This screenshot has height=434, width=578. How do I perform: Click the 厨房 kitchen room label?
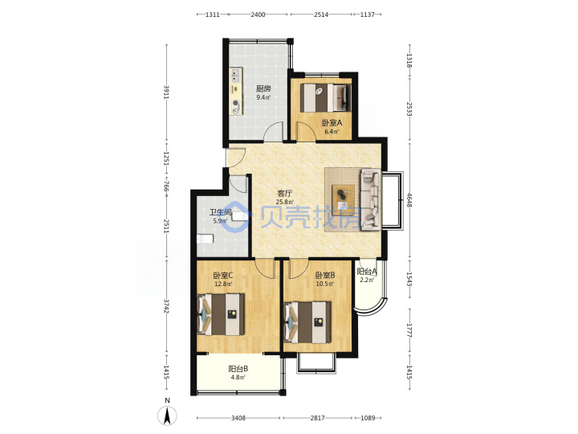point(263,88)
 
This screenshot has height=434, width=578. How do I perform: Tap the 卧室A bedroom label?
point(332,123)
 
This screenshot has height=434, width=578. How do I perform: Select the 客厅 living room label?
point(284,194)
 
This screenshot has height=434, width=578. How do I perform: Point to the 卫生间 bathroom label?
point(221,212)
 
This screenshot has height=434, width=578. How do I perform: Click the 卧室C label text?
point(223,276)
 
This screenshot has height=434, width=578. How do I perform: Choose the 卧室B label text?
point(325,276)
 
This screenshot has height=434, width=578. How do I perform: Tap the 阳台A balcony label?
point(367,272)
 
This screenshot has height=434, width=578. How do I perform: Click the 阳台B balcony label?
point(238,369)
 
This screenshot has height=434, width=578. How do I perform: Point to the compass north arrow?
point(167,416)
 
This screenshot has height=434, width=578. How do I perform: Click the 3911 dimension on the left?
point(167,92)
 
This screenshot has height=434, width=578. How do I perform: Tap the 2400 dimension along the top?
point(258,14)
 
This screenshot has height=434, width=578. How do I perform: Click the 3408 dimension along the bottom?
point(238,418)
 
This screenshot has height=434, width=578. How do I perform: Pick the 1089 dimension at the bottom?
point(368,418)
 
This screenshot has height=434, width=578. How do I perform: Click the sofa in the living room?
point(370,199)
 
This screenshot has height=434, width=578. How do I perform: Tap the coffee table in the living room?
point(344,199)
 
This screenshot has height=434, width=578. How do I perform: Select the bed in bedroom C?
point(221,314)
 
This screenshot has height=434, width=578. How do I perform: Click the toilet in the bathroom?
point(205,240)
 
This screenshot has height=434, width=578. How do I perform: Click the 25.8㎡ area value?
point(284,202)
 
